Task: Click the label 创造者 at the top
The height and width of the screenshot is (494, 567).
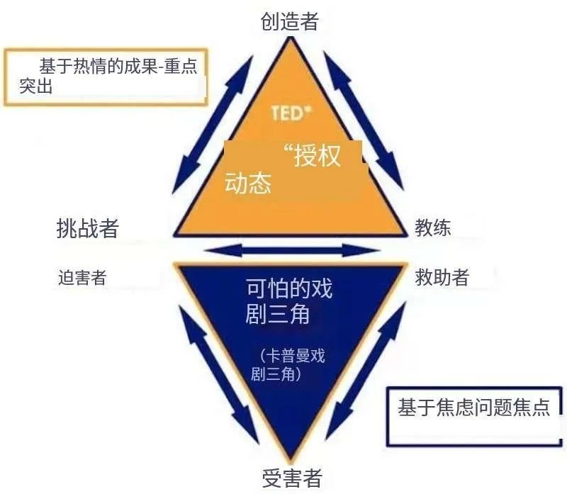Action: tap(289, 21)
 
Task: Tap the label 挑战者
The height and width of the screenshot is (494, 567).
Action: tap(88, 228)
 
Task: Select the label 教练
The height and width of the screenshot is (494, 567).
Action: tap(432, 228)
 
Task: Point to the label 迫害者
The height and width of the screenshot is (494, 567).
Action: tap(82, 278)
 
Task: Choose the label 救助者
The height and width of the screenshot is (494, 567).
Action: tap(442, 277)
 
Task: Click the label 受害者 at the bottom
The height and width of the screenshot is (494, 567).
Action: tap(292, 478)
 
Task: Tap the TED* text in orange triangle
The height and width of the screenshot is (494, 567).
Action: tap(291, 113)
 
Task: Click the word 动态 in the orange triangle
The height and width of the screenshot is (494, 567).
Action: tap(248, 182)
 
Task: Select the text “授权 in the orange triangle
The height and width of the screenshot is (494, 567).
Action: tap(312, 155)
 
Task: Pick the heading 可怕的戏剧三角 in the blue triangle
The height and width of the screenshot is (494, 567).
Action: tap(288, 301)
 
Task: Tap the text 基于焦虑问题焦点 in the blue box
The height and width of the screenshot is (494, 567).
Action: tap(473, 408)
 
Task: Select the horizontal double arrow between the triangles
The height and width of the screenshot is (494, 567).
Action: tap(292, 250)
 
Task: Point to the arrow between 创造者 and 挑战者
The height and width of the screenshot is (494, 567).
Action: tap(213, 125)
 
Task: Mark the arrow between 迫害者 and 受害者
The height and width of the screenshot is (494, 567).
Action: tap(220, 374)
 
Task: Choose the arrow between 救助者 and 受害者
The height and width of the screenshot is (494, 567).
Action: tap(366, 371)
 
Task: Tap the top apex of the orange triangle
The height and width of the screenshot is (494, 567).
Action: tap(291, 38)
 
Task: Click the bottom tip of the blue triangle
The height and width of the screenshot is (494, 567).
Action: tap(291, 461)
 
